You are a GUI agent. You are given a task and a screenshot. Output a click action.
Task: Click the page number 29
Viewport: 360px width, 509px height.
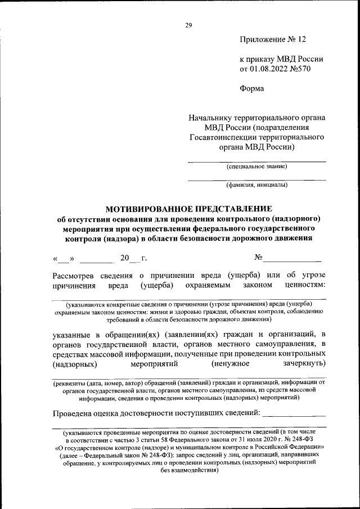[x=188, y=24]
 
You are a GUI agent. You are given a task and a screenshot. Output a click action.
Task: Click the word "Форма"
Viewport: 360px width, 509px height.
[x=251, y=88]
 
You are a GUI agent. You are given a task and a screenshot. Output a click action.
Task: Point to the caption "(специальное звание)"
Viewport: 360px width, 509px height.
[x=256, y=166]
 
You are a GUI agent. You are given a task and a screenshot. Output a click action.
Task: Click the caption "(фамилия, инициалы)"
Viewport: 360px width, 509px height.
[x=256, y=185]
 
